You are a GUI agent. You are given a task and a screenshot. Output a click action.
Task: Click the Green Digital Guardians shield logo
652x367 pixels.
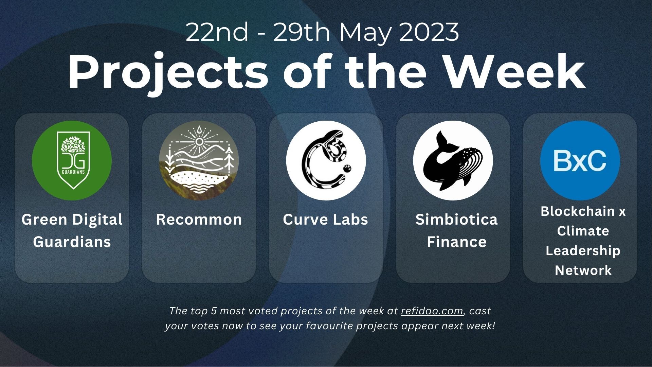[x=72, y=160]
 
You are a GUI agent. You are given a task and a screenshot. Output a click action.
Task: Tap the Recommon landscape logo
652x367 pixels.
[x=199, y=160]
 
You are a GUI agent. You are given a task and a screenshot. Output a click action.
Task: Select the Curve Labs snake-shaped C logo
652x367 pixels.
[x=326, y=160]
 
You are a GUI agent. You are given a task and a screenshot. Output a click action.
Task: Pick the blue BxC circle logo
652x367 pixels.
[x=580, y=160]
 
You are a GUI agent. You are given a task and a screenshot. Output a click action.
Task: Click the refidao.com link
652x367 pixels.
[x=432, y=311]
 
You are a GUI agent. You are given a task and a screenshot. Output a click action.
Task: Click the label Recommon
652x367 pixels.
[x=199, y=220]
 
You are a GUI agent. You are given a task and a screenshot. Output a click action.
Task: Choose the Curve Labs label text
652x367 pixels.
[x=325, y=220]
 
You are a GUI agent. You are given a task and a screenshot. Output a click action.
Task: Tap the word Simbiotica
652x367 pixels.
[x=456, y=220]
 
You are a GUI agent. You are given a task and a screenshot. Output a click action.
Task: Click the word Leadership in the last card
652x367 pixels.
[x=583, y=251]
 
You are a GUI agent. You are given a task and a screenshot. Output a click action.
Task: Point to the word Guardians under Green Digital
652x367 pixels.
[x=72, y=242]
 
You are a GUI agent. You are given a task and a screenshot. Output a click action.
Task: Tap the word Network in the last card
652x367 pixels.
[x=583, y=270]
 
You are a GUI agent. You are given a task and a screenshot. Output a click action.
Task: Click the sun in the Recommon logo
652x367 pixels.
[x=199, y=141]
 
